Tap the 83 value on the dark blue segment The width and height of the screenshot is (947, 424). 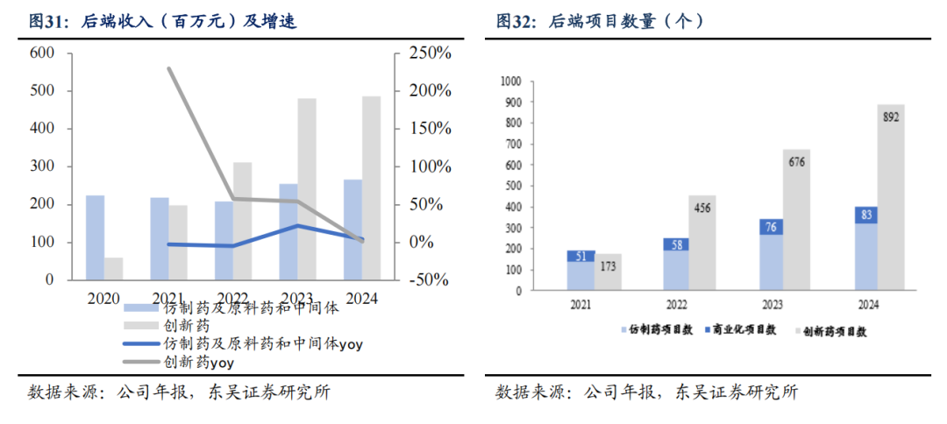[x=865, y=214]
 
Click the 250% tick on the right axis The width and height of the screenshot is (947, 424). [x=429, y=54]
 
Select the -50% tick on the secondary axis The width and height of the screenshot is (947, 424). [x=429, y=279]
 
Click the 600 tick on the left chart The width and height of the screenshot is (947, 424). [x=41, y=54]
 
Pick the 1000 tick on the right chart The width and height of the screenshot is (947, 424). [x=510, y=81]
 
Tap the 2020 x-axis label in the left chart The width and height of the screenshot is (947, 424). [x=103, y=298]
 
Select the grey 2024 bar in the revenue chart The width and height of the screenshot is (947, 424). [x=370, y=187]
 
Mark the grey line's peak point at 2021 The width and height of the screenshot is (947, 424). [x=169, y=68]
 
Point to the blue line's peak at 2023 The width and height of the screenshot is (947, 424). [x=297, y=226]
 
